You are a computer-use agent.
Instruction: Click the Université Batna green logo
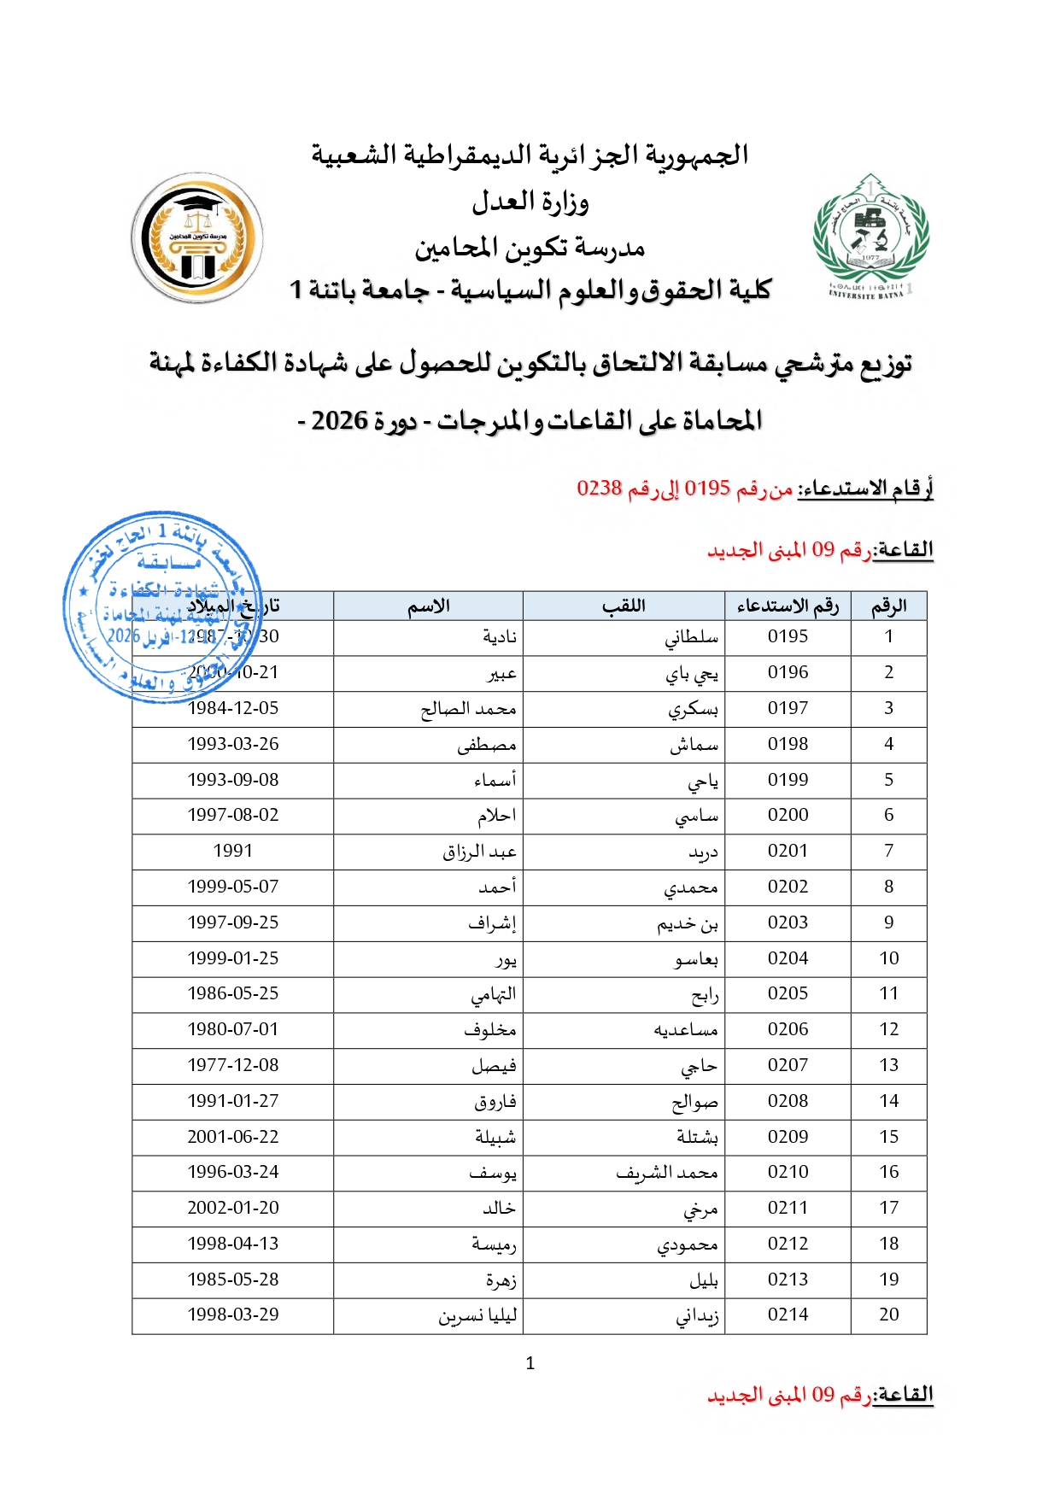[x=870, y=236]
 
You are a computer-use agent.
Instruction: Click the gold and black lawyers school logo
[x=197, y=237]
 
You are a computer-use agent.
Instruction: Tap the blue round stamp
[x=162, y=606]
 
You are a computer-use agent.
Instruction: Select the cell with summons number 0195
[x=788, y=636]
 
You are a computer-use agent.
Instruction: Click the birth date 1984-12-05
[x=233, y=708]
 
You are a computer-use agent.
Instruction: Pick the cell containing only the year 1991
[x=233, y=851]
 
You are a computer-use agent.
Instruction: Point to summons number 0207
[x=788, y=1065]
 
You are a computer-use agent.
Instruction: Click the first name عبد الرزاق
[x=479, y=852]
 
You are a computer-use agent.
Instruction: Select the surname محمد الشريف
[x=667, y=1173]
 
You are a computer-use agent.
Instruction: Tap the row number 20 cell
[x=888, y=1315]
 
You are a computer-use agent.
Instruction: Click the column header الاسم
[x=428, y=606]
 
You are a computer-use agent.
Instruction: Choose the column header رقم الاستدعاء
[x=788, y=606]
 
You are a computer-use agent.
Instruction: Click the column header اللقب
[x=624, y=606]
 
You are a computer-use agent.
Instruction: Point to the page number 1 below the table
[x=530, y=1363]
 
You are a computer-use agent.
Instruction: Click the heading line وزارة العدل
[x=530, y=202]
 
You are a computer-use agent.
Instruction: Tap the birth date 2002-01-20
[x=233, y=1208]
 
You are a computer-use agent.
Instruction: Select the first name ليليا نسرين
[x=477, y=1315]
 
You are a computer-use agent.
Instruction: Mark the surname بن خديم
[x=688, y=923]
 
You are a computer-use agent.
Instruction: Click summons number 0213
[x=788, y=1279]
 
